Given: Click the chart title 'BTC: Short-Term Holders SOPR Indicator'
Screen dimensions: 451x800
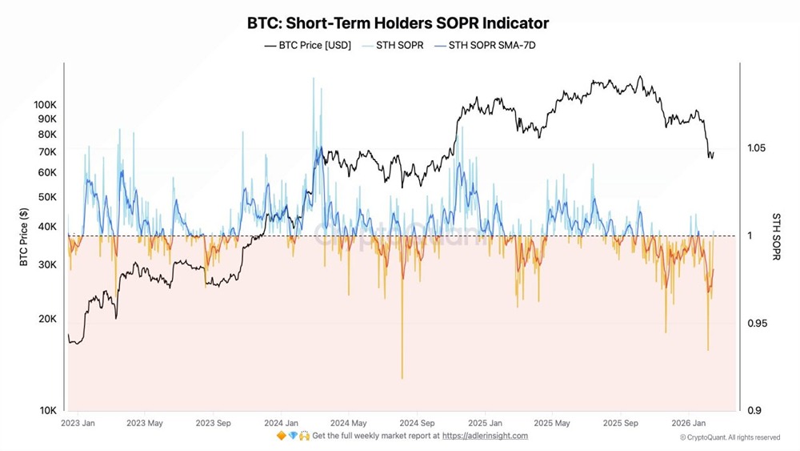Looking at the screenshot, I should (x=398, y=23).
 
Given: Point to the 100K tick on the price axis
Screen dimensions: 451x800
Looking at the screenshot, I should (x=46, y=105).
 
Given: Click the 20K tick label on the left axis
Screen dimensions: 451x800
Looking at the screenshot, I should (x=47, y=319).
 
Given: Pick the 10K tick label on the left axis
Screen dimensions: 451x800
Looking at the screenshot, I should (x=47, y=411).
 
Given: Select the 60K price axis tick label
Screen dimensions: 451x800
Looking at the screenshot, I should (x=47, y=172).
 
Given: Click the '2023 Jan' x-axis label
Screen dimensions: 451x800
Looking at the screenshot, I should (x=79, y=422).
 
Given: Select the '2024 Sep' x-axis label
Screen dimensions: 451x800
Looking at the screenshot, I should (x=416, y=422).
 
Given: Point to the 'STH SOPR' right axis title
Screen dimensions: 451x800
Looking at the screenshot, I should (x=775, y=236).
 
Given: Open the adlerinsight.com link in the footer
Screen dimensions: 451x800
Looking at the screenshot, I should (x=485, y=436).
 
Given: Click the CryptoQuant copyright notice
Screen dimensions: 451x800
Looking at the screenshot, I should (x=730, y=437).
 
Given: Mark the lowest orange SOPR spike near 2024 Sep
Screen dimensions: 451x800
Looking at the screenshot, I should (x=402, y=377).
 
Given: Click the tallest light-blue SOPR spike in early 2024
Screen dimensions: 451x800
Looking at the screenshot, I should (x=313, y=79).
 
